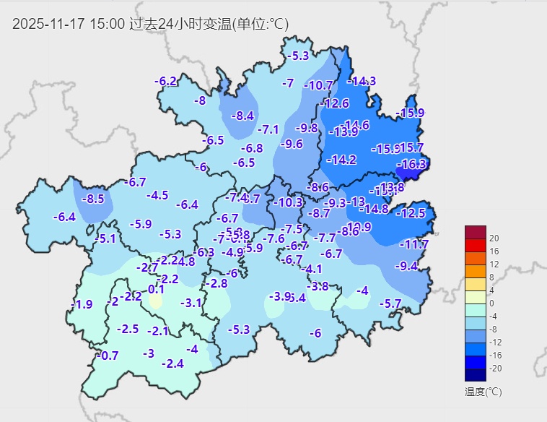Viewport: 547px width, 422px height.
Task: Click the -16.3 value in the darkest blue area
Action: tap(413, 165)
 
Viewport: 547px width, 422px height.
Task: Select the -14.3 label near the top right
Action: tap(362, 81)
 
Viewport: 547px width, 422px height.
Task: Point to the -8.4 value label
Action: tap(242, 116)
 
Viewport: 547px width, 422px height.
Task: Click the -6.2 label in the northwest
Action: tap(166, 81)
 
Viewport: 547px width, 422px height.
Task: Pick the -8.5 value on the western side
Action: tap(94, 199)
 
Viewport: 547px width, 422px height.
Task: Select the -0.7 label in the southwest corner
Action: tap(107, 356)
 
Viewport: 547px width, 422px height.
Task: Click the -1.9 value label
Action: tap(83, 304)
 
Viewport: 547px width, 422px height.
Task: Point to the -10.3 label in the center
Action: tap(289, 203)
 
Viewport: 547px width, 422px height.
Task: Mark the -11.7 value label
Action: tap(414, 245)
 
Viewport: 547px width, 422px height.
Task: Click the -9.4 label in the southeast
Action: tap(406, 266)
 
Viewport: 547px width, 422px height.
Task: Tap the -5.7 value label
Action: tap(390, 303)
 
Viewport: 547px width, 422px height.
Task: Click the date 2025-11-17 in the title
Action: tap(48, 24)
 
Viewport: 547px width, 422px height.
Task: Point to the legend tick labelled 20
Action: tap(494, 238)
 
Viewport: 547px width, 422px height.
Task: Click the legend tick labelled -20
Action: tap(494, 369)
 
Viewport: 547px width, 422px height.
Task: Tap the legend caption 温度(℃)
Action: tap(483, 392)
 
